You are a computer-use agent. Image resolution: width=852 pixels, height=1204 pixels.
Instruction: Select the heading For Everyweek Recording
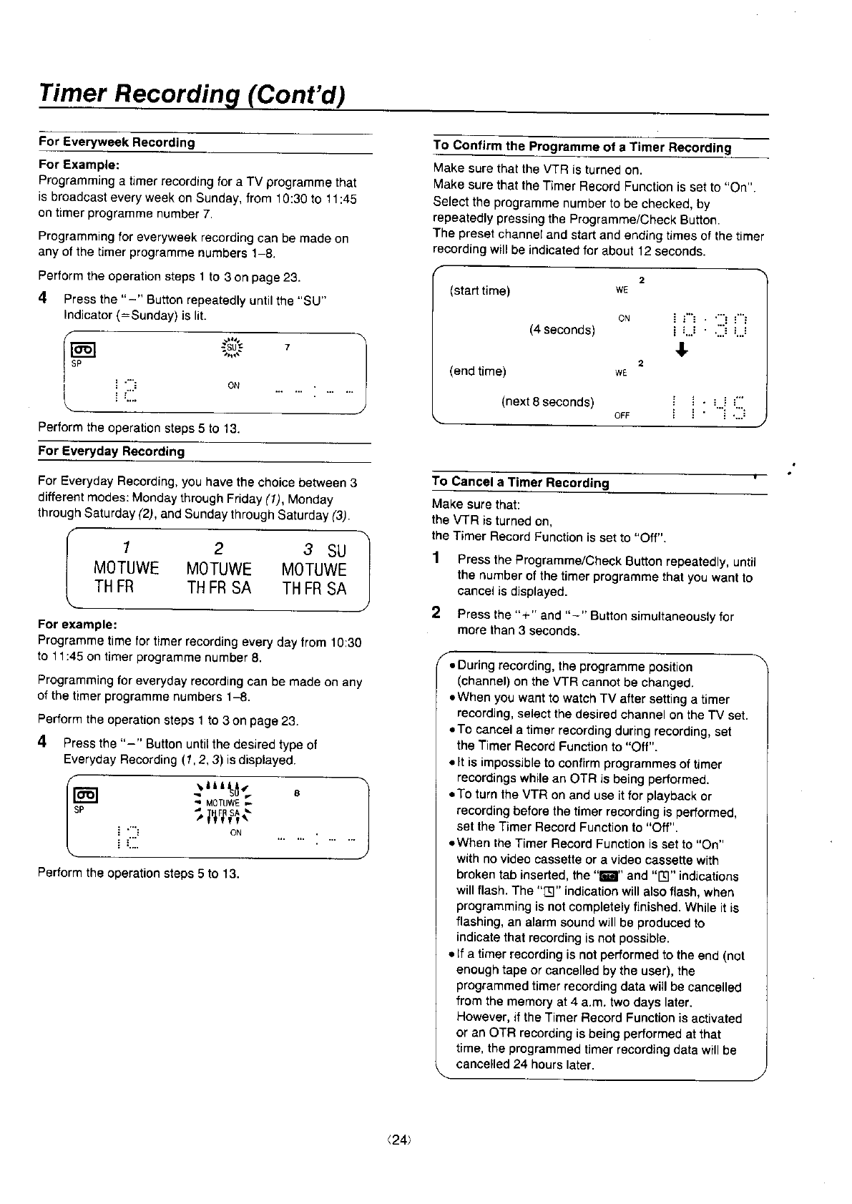point(117,142)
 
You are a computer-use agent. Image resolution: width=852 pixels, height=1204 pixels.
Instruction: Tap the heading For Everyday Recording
point(111,451)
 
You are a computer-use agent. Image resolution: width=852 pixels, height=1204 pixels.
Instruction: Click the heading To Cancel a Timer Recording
point(520,483)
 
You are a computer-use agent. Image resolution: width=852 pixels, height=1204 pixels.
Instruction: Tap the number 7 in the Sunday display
point(287,348)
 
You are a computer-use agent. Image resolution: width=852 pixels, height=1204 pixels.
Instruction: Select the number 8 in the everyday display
point(296,793)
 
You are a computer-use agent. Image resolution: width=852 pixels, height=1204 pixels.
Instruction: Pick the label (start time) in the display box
point(479,291)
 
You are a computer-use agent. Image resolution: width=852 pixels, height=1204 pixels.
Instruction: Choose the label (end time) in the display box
point(477,371)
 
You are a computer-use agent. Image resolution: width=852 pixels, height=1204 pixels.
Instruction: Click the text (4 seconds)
point(562,330)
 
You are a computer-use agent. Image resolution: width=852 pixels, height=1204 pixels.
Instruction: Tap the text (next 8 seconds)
point(547,402)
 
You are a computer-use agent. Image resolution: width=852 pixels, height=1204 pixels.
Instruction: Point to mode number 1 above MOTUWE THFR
point(125,549)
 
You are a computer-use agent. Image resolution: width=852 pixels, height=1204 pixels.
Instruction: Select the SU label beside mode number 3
point(336,552)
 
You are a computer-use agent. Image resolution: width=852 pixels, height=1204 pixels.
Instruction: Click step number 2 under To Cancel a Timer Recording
point(436,612)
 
